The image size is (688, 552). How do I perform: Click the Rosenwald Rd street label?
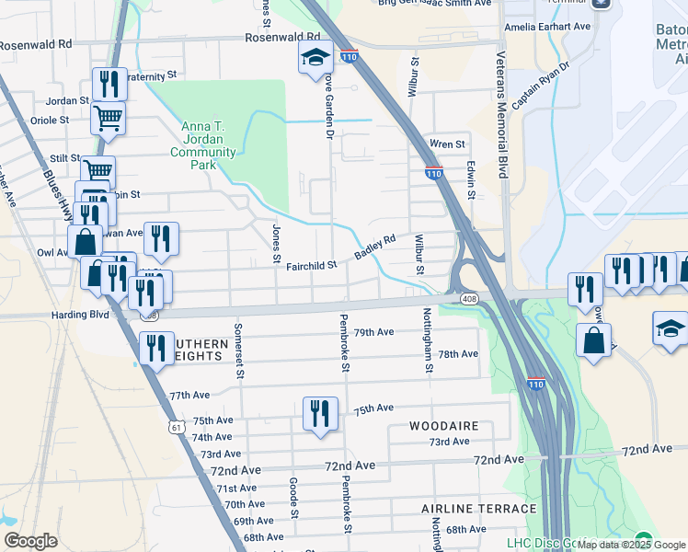[36, 44]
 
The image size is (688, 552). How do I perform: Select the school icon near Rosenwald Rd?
[315, 58]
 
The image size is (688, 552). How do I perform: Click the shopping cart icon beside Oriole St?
[109, 119]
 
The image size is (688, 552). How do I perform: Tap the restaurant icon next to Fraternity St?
[109, 84]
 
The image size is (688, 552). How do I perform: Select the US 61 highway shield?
[177, 427]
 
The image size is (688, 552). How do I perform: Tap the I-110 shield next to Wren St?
[433, 172]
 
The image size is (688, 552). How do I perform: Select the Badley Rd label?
[375, 247]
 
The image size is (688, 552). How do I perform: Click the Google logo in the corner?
[30, 541]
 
